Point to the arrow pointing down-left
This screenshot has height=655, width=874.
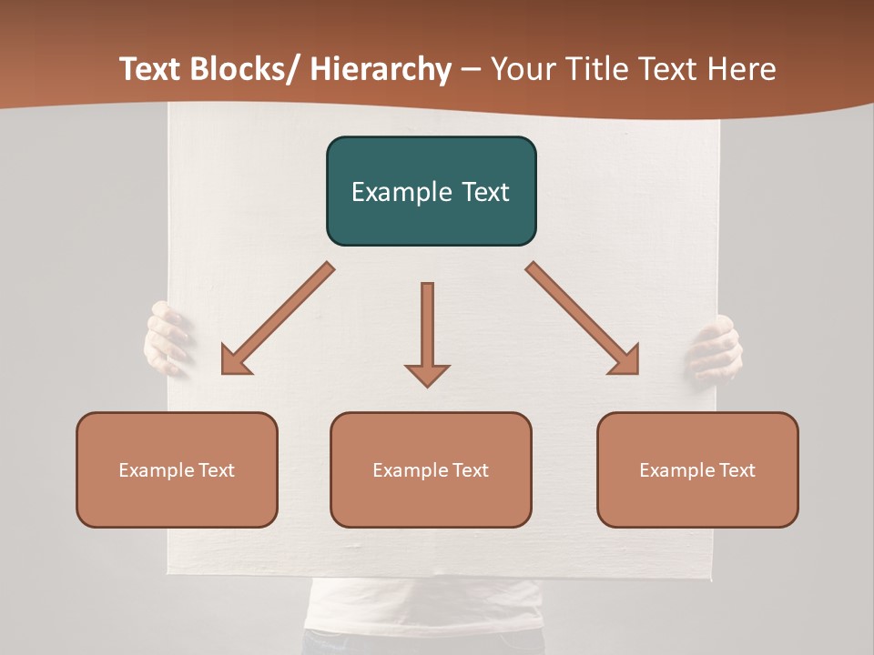[278, 318]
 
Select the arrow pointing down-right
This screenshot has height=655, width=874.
[583, 318]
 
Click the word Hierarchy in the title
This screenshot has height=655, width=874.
[381, 69]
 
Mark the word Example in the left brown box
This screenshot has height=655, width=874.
[157, 470]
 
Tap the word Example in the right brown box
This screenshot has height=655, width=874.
[677, 470]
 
